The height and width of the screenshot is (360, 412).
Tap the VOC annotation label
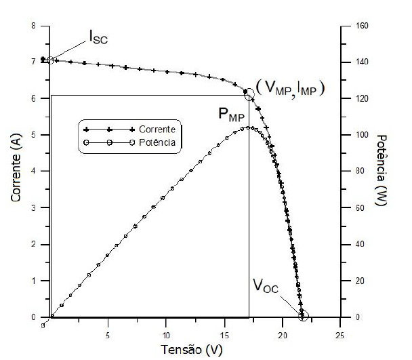pos(266,288)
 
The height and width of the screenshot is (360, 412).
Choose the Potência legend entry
pos(157,142)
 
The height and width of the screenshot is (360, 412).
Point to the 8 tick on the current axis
pos(43,26)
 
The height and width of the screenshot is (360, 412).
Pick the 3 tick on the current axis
pos(43,208)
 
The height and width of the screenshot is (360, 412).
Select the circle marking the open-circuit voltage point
pos(303,315)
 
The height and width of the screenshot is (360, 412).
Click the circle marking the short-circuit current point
pos(50,60)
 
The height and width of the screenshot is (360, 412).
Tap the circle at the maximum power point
pos(249,94)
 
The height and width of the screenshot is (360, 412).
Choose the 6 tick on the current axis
pos(43,99)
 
